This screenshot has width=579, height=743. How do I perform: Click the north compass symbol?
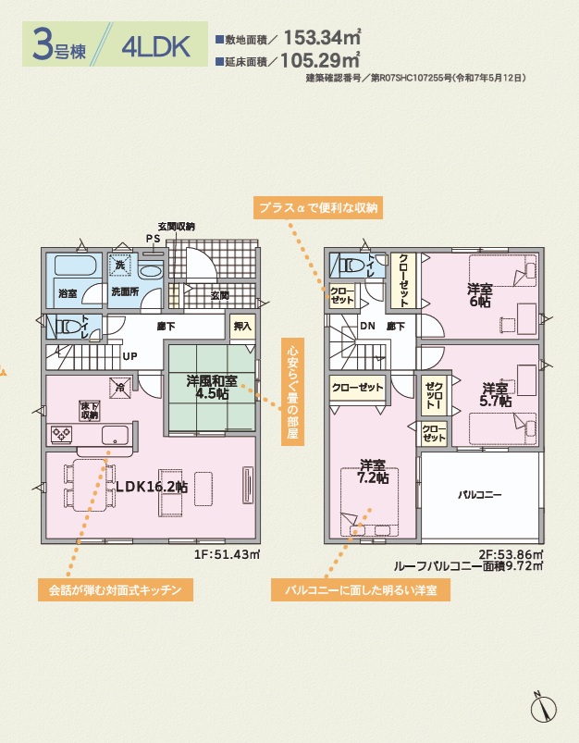544,708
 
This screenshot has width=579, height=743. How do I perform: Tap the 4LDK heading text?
156,46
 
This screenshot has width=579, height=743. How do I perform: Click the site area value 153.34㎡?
322,37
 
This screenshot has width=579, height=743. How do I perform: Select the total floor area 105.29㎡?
320,60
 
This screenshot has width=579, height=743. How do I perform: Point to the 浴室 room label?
68,293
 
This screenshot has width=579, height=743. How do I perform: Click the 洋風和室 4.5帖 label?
212,387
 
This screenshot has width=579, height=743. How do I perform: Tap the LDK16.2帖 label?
152,487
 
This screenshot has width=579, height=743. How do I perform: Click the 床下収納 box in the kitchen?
89,410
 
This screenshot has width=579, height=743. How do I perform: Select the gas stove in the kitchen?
62,434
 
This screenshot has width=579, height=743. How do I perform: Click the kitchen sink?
115,435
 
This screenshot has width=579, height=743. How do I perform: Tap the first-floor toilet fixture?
69,327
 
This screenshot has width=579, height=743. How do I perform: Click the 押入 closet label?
242,326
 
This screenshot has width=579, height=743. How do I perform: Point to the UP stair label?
129,356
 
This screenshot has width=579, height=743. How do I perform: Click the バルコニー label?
479,495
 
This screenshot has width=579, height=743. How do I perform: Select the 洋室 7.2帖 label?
373,471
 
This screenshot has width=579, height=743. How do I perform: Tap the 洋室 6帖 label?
480,295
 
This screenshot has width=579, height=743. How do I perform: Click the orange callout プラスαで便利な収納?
318,207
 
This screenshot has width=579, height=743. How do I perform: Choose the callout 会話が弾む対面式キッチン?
116,590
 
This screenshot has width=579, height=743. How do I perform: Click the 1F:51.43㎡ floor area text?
227,554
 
